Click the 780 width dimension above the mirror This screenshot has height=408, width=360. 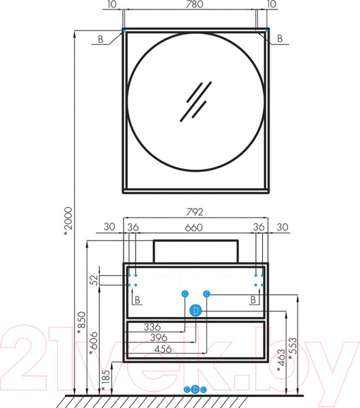point(195,5)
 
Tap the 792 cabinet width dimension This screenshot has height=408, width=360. point(195,212)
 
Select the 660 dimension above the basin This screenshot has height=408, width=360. point(194,228)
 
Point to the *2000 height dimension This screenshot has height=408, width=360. point(68,222)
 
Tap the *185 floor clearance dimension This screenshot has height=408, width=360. point(106,380)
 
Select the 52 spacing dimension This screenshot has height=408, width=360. point(95,280)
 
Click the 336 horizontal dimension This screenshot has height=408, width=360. point(152,327)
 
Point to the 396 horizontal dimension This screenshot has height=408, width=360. point(158,338)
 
